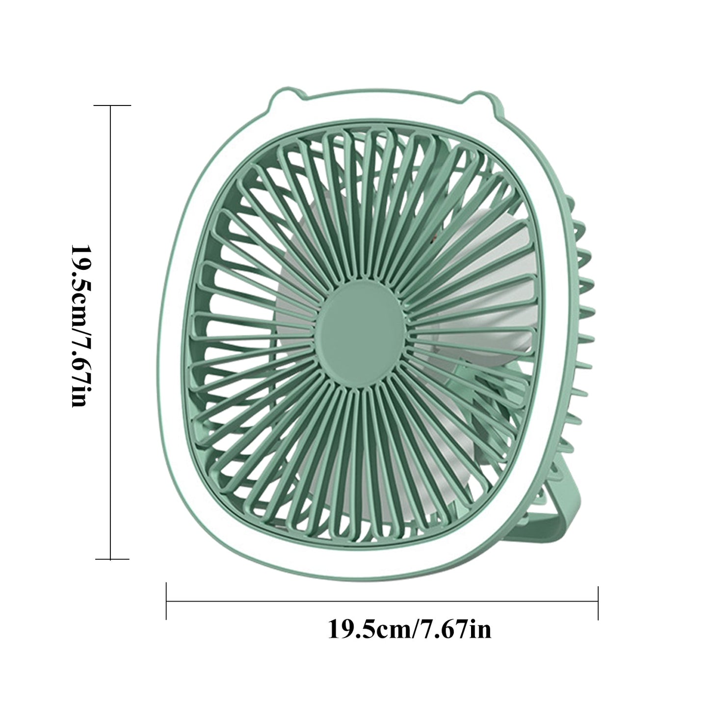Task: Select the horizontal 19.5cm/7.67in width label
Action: tap(409, 629)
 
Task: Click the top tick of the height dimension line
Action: tap(111, 105)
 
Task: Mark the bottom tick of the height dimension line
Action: tap(111, 559)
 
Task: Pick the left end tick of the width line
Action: tap(167, 601)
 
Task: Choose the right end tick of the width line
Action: tap(598, 602)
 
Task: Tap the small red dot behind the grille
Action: tap(433, 240)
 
